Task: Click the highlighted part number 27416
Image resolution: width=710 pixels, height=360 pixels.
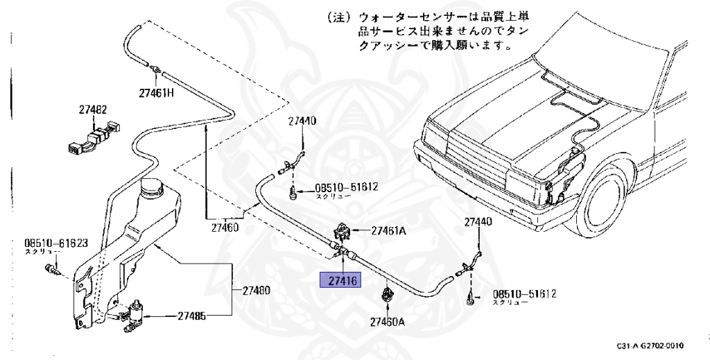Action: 338,281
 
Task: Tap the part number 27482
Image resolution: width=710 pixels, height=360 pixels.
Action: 92,110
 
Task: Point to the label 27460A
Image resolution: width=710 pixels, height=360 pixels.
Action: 388,321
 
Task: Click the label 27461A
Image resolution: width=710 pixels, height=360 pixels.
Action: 388,231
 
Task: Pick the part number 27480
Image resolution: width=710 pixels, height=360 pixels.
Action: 252,290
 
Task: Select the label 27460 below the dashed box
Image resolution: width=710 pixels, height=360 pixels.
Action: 225,226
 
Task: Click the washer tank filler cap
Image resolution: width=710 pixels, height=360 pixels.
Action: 150,187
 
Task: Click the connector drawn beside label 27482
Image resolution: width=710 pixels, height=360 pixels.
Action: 95,135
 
